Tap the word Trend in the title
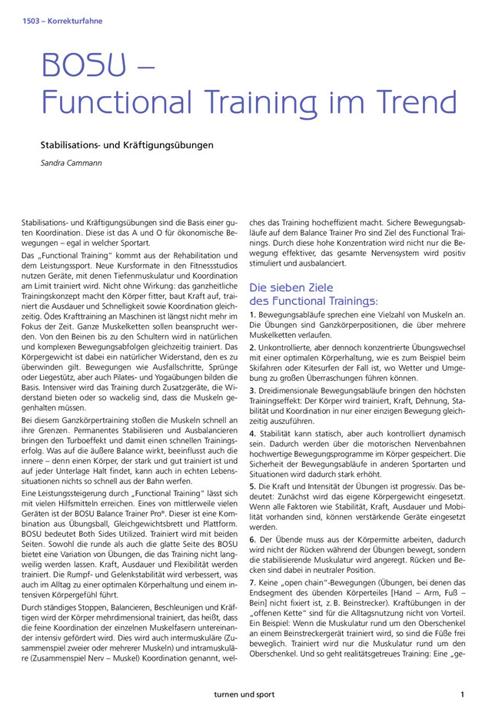[x=412, y=101]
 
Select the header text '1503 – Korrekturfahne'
[x=58, y=21]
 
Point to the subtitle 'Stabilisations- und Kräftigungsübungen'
[x=127, y=144]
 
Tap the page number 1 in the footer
[x=462, y=694]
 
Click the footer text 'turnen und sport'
[x=245, y=694]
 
